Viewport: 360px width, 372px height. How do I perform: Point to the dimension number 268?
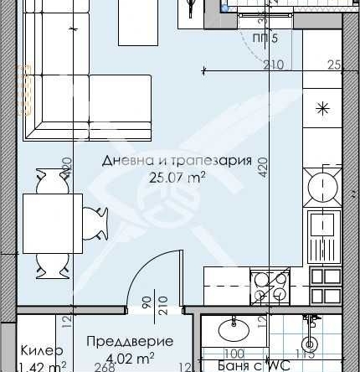103,366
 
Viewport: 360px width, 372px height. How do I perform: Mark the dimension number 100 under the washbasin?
234,354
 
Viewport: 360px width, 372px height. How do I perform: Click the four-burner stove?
271,287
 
